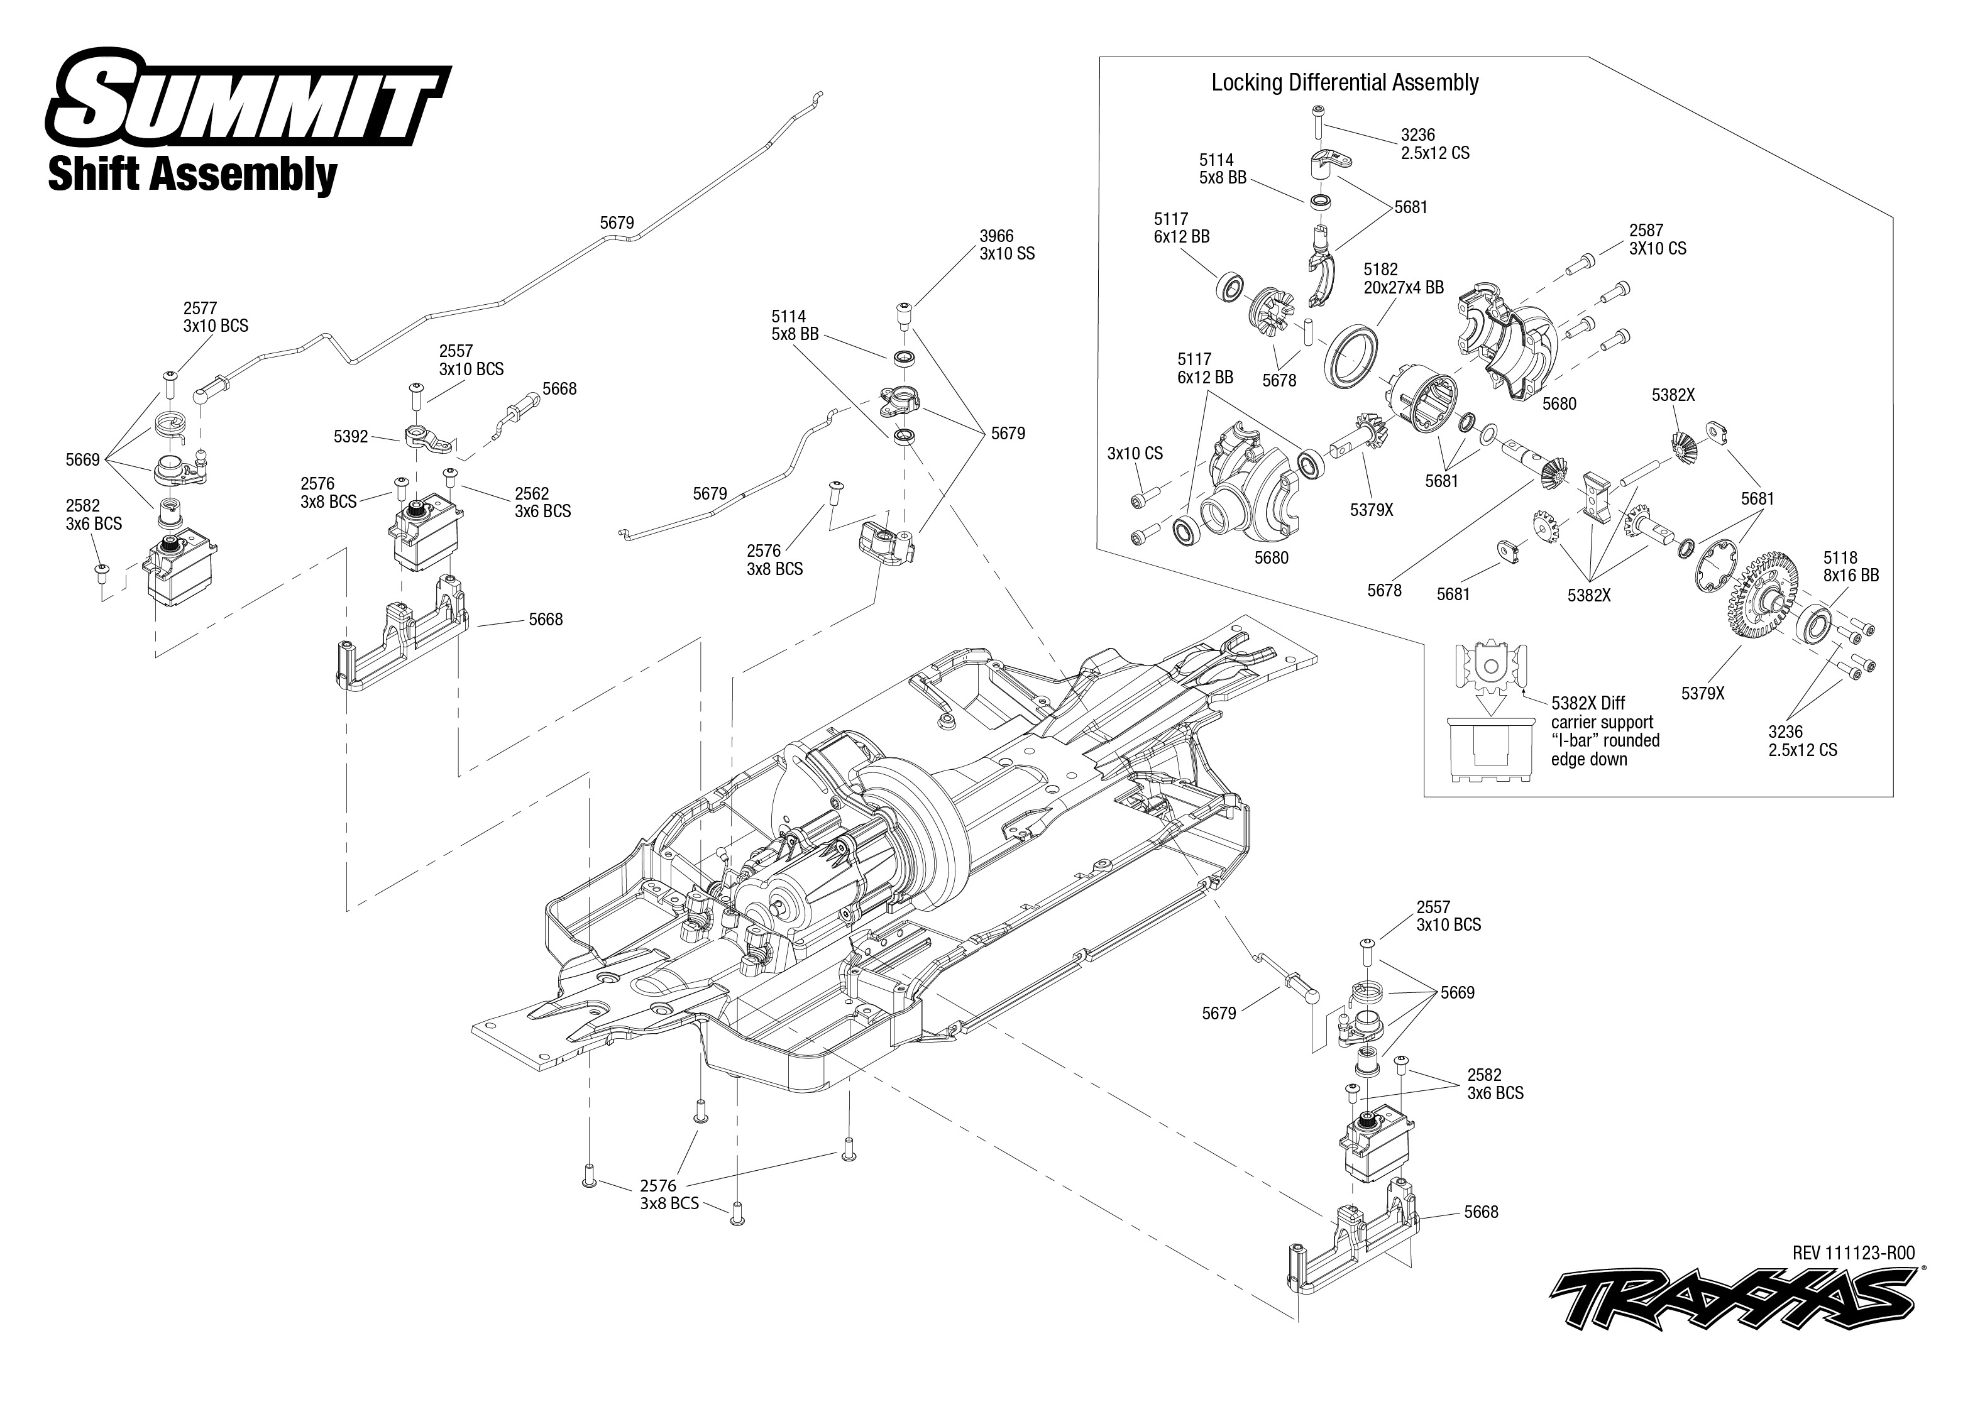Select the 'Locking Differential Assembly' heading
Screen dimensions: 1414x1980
[1345, 83]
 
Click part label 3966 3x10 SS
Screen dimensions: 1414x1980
[1006, 244]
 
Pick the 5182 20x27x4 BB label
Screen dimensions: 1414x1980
[1403, 278]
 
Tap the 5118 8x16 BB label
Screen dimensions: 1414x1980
[1851, 566]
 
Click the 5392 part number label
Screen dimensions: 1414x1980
[351, 436]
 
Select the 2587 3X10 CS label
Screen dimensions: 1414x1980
[1657, 239]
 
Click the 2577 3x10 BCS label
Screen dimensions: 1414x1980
[215, 317]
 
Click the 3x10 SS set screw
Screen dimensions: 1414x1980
[904, 315]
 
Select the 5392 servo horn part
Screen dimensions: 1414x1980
[429, 437]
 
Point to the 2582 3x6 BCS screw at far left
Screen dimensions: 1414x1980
[101, 570]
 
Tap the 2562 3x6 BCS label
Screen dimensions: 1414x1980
[542, 502]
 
